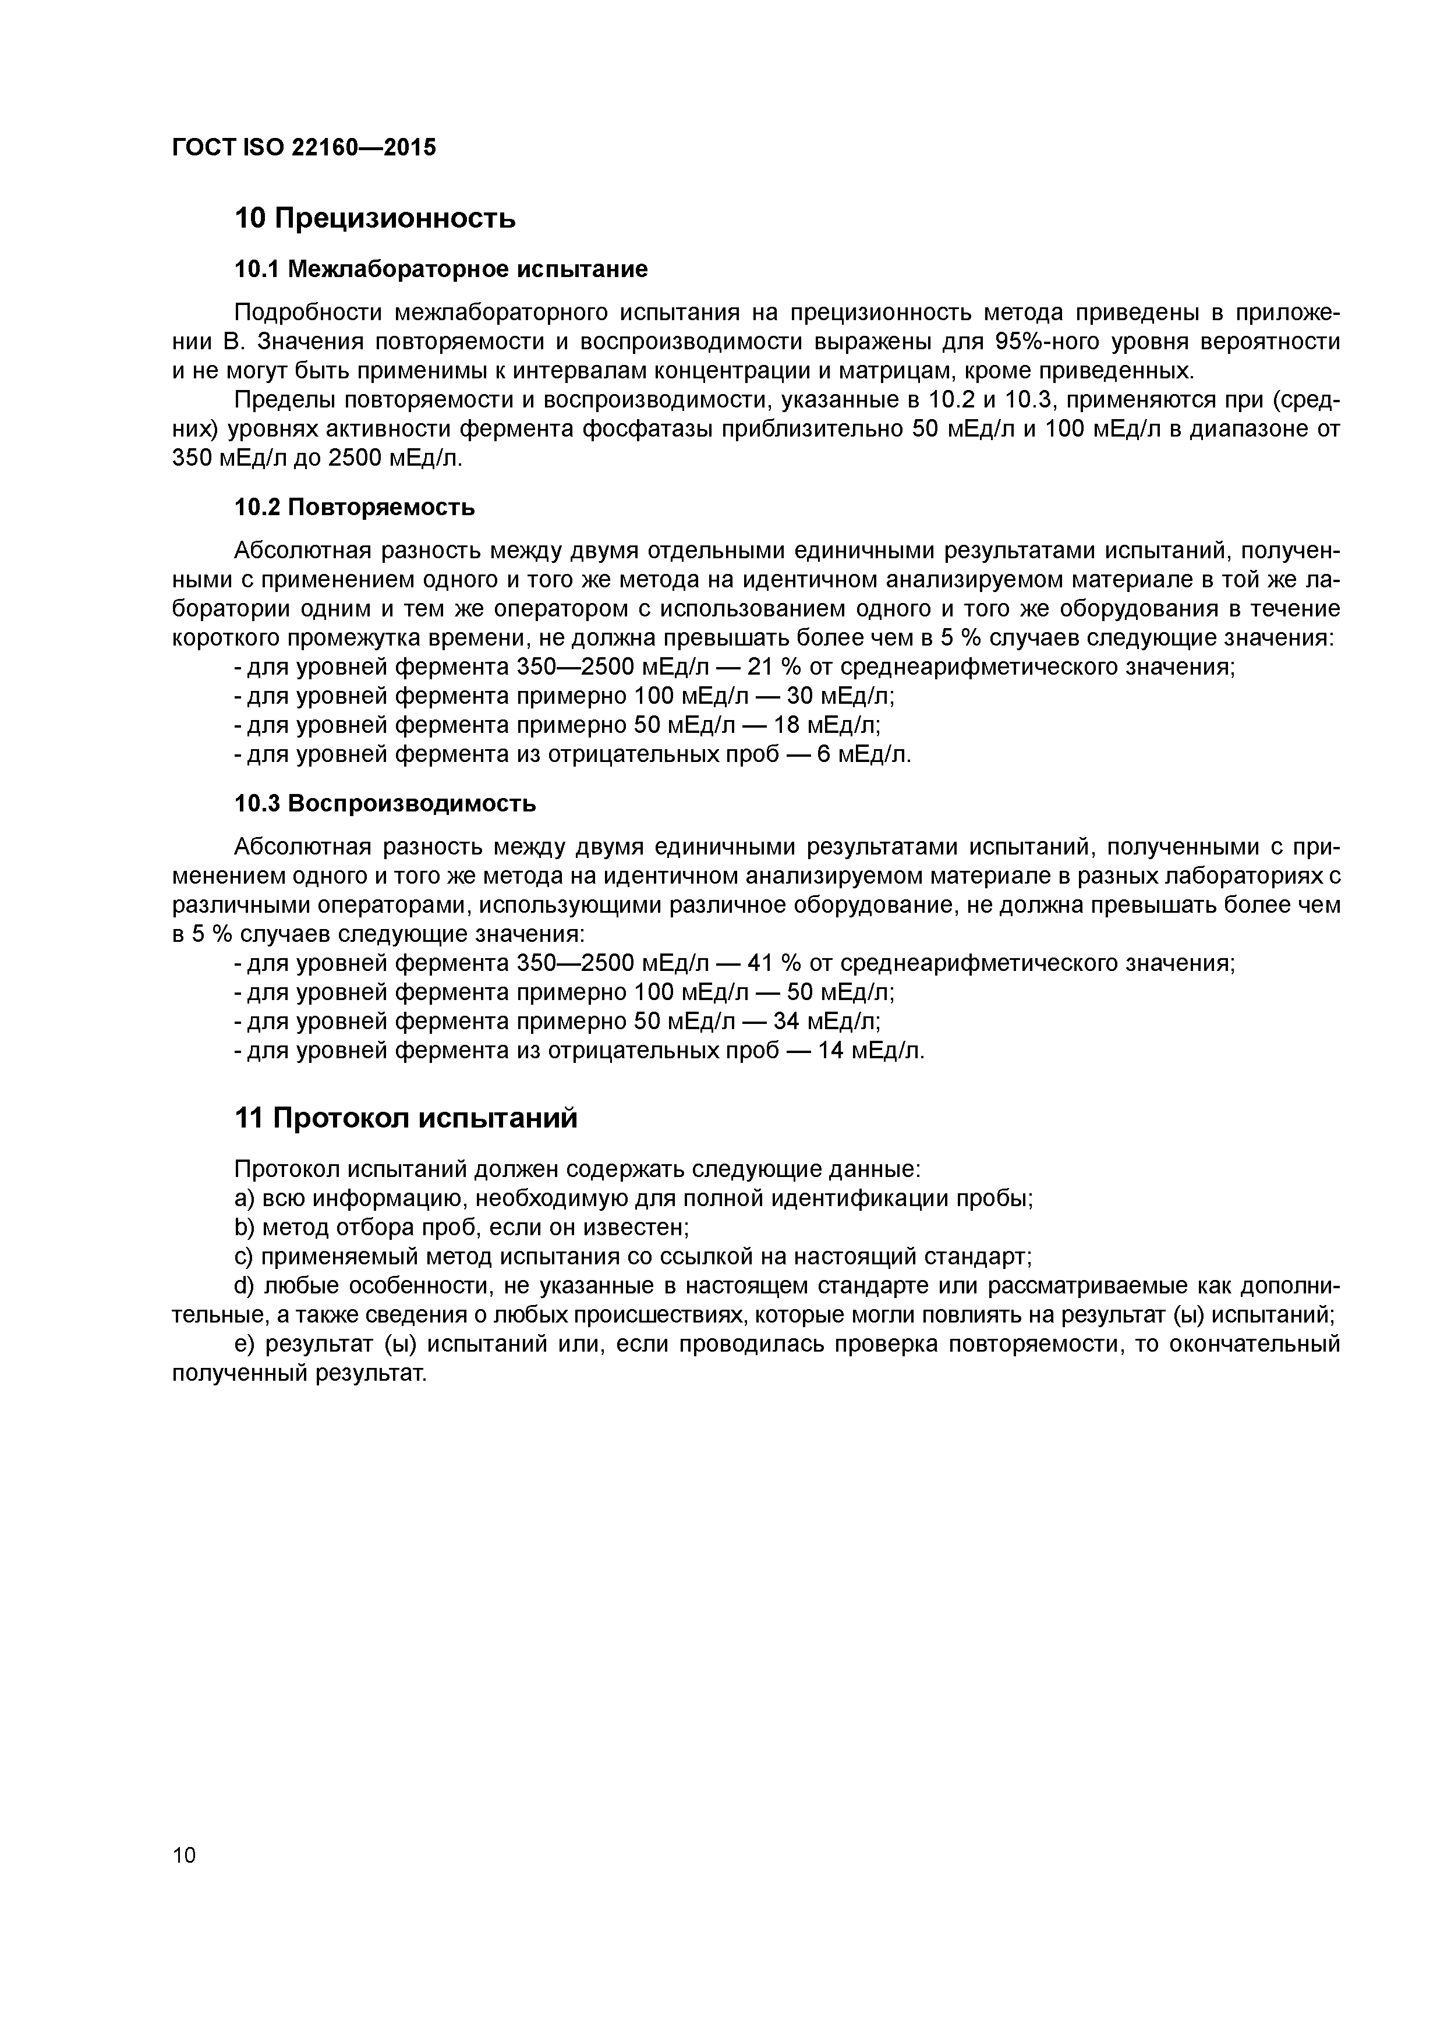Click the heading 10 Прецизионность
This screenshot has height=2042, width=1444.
click(374, 218)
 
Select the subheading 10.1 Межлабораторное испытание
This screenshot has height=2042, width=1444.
click(440, 268)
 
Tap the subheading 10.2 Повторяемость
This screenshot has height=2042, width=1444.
click(354, 508)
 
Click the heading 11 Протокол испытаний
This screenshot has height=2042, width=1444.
click(406, 1118)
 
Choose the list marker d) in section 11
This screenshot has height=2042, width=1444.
click(244, 1286)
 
